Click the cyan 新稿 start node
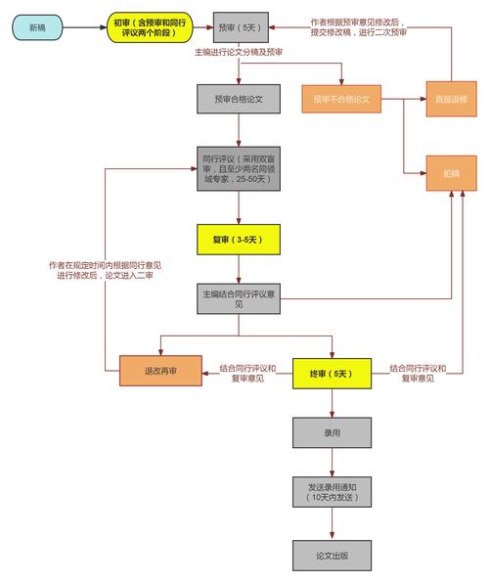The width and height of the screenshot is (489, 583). (x=38, y=26)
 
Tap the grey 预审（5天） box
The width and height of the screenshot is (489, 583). (x=241, y=26)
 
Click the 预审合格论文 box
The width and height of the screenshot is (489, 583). (x=240, y=99)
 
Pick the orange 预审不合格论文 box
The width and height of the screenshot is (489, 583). (x=341, y=99)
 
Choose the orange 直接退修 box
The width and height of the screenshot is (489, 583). (x=450, y=99)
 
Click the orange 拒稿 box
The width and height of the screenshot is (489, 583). (x=450, y=173)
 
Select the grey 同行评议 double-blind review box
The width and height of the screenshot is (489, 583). (x=240, y=173)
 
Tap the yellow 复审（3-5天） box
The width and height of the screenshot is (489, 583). (x=240, y=239)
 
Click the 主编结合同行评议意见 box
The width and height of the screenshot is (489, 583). (x=240, y=299)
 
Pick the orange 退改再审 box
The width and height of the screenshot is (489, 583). (x=159, y=372)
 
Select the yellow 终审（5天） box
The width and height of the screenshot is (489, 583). (x=334, y=373)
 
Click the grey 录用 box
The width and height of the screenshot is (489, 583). (x=333, y=431)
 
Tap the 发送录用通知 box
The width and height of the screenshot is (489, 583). (x=333, y=492)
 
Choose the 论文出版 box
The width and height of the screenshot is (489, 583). (x=333, y=555)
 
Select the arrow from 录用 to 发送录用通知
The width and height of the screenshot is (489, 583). (x=333, y=462)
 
